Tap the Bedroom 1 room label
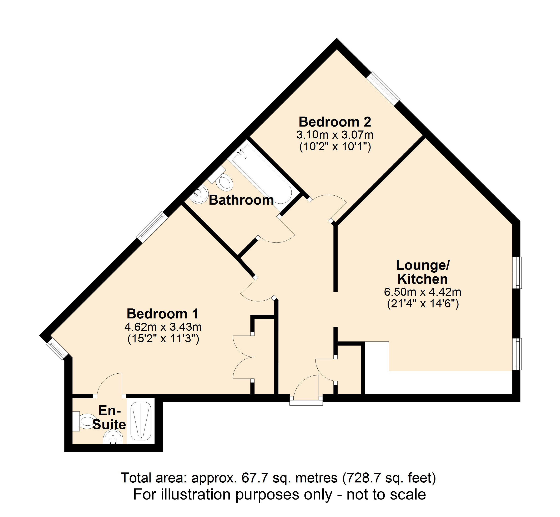pyautogui.click(x=163, y=314)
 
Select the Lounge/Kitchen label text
pyautogui.click(x=422, y=272)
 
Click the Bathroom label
pyautogui.click(x=241, y=200)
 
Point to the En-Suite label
pyautogui.click(x=109, y=418)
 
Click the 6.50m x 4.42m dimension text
pyautogui.click(x=422, y=292)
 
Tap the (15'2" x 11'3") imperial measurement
pyautogui.click(x=163, y=339)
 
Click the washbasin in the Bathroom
pyautogui.click(x=199, y=195)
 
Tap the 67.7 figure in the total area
pyautogui.click(x=251, y=478)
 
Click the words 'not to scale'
pyautogui.click(x=386, y=495)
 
